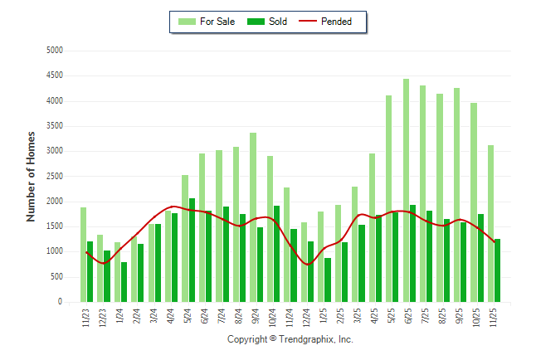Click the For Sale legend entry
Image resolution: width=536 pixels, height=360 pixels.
(x=207, y=22)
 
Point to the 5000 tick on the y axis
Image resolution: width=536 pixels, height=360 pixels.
(x=54, y=51)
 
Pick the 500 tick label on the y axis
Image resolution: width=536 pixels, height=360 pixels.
(x=56, y=277)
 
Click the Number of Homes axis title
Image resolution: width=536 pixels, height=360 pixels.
(x=32, y=176)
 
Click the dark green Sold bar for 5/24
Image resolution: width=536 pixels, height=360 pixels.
(x=192, y=250)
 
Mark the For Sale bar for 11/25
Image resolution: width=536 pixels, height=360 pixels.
(x=490, y=223)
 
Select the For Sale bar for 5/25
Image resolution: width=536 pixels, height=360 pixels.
(x=388, y=199)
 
